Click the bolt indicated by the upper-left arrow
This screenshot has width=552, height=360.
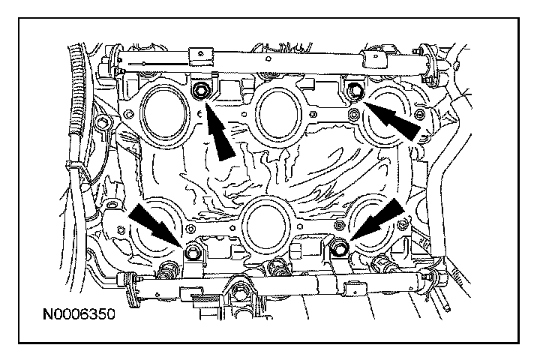(x=200, y=92)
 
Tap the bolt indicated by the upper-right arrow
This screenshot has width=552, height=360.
(x=352, y=91)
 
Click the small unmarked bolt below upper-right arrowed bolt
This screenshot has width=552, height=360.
(x=353, y=115)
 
